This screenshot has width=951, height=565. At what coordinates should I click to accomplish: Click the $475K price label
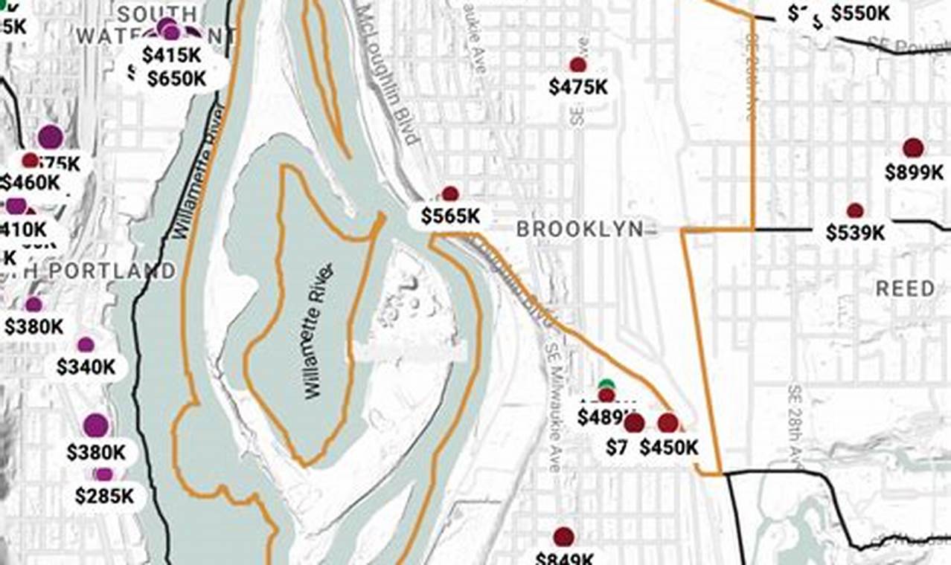pos(578,87)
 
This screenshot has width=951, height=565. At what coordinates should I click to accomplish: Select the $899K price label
pos(914,172)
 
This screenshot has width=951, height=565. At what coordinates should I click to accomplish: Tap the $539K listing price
pos(855,233)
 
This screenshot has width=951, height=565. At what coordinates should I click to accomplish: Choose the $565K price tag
pos(450,216)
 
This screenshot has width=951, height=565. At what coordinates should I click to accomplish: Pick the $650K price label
pos(176,79)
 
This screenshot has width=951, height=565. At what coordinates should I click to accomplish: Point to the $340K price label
pos(86,367)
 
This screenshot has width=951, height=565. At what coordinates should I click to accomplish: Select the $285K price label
pos(104,496)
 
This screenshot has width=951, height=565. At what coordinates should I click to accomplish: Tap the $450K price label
pos(669,448)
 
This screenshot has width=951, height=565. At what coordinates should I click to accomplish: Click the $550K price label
pos(861,13)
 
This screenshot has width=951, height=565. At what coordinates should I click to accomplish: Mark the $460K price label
pos(30,182)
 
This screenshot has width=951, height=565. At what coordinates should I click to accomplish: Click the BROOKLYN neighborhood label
pos(580,229)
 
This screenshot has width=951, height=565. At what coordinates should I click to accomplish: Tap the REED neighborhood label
pos(905,288)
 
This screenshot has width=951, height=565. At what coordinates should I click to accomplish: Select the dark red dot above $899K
pos(913,148)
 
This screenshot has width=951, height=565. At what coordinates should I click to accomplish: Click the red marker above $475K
pos(577,65)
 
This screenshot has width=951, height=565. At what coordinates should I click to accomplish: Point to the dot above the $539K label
pos(855,211)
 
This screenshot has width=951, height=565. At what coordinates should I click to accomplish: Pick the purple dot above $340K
pos(86,344)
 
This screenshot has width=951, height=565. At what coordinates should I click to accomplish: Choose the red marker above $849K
pos(563,537)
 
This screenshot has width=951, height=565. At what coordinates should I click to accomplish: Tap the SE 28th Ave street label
pos(795,424)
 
